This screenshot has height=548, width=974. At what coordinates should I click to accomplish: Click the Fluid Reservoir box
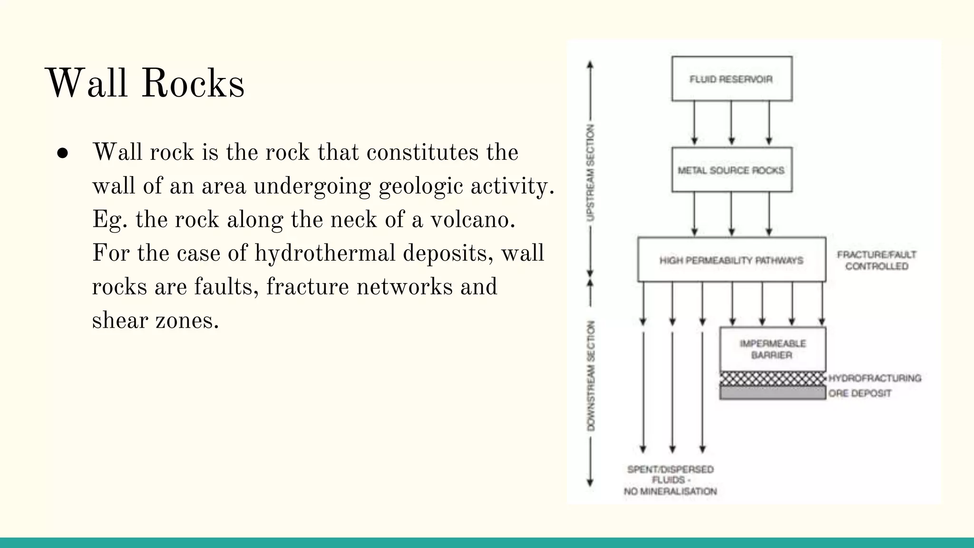click(x=731, y=79)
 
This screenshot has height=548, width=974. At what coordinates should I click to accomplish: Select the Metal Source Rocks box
click(x=731, y=170)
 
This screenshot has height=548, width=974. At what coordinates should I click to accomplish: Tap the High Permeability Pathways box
click(x=731, y=260)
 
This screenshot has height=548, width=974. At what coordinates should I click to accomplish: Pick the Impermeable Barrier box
click(x=772, y=349)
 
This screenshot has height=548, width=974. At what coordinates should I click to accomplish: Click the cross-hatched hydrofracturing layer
click(x=772, y=379)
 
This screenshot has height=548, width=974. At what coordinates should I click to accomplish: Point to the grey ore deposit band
click(x=772, y=393)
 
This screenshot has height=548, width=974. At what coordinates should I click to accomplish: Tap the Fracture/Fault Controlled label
click(x=877, y=260)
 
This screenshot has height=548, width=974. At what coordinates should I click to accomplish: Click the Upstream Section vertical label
click(x=590, y=173)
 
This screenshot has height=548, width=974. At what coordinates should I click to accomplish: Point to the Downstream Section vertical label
click(x=591, y=376)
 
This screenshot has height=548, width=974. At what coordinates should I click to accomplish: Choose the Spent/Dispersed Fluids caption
click(x=670, y=480)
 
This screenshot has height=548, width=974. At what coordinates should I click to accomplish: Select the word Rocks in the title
click(x=193, y=83)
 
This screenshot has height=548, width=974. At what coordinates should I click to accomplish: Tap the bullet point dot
click(x=62, y=153)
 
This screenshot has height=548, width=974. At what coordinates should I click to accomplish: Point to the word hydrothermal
click(x=325, y=253)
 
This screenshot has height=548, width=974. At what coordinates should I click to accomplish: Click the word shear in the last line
click(x=120, y=320)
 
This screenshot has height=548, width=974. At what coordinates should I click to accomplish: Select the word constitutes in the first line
click(x=422, y=153)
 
